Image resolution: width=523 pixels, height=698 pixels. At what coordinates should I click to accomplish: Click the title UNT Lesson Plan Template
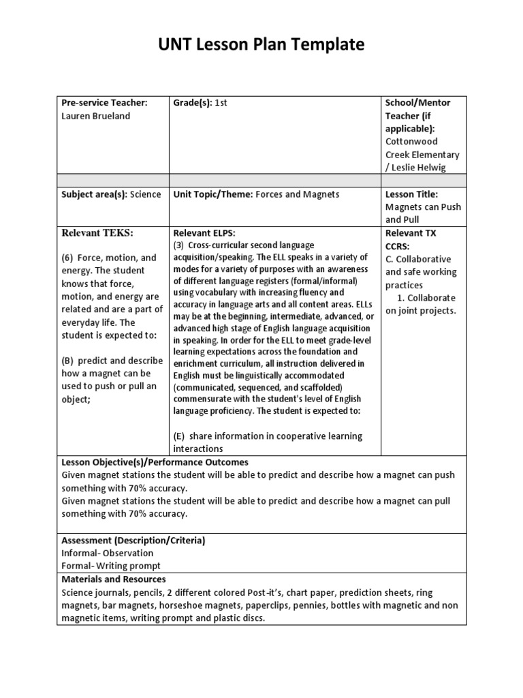261,45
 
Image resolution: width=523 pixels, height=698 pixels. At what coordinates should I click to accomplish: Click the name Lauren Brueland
95,116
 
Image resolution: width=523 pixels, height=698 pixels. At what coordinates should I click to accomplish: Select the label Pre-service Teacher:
104,103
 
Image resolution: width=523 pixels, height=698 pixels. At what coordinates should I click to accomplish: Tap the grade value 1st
221,103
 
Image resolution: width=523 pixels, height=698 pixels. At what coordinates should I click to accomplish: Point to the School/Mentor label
417,103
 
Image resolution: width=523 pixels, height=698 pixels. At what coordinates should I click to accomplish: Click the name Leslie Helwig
422,168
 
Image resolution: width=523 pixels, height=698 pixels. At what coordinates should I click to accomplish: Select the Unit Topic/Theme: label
213,194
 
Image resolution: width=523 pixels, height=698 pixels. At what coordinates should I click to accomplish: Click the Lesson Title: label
411,194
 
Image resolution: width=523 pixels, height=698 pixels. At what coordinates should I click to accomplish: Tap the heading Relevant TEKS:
97,233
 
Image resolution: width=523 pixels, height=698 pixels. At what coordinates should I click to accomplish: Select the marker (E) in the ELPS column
180,436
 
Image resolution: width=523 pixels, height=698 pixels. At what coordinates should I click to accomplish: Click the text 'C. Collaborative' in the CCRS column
418,259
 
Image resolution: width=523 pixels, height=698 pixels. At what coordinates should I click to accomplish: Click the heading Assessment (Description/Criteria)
133,541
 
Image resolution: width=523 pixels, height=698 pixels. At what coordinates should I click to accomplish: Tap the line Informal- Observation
108,553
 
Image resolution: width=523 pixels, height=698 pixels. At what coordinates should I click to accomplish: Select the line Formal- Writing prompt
111,566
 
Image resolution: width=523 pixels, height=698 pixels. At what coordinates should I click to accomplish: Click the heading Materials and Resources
114,579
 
